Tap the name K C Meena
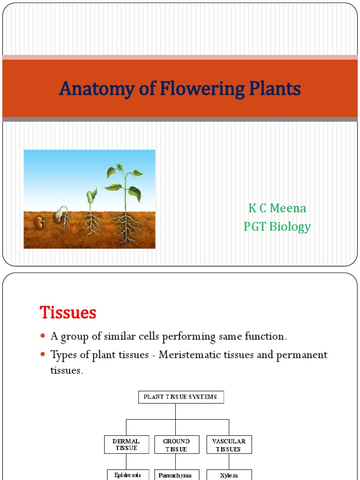pyautogui.click(x=277, y=208)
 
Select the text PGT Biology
pyautogui.click(x=277, y=227)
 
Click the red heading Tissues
pyautogui.click(x=68, y=312)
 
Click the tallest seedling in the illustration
pyautogui.click(x=124, y=202)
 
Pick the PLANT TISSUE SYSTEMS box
pyautogui.click(x=180, y=397)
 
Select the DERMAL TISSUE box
pyautogui.click(x=127, y=444)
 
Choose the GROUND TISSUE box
pyautogui.click(x=176, y=444)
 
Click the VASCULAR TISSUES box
pyautogui.click(x=229, y=444)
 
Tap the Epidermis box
pyautogui.click(x=127, y=475)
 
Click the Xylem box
pyautogui.click(x=229, y=475)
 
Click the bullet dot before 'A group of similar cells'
pyautogui.click(x=43, y=337)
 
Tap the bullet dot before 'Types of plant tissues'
pyautogui.click(x=43, y=355)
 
